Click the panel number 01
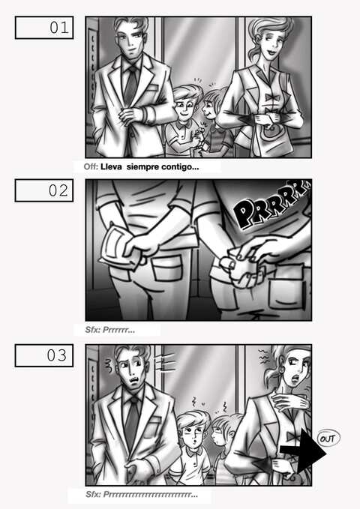pyautogui.click(x=59, y=28)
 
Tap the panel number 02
pyautogui.click(x=58, y=190)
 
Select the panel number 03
pyautogui.click(x=57, y=355)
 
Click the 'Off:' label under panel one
pyautogui.click(x=91, y=167)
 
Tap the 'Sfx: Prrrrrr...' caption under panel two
pyautogui.click(x=109, y=330)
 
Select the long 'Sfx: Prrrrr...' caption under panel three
pyautogui.click(x=142, y=495)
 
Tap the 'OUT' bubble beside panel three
pyautogui.click(x=328, y=439)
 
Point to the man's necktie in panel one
pyautogui.click(x=131, y=83)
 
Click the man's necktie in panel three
pyautogui.click(x=132, y=422)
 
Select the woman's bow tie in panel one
pyautogui.click(x=272, y=97)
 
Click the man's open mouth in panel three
pyautogui.click(x=133, y=379)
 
